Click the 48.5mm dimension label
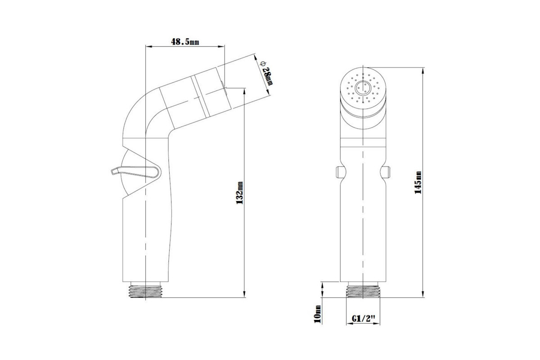(185, 41)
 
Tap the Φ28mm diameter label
(267, 73)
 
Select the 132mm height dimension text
(239, 193)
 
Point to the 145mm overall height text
(418, 182)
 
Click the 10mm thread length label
(318, 314)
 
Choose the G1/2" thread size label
(364, 318)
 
